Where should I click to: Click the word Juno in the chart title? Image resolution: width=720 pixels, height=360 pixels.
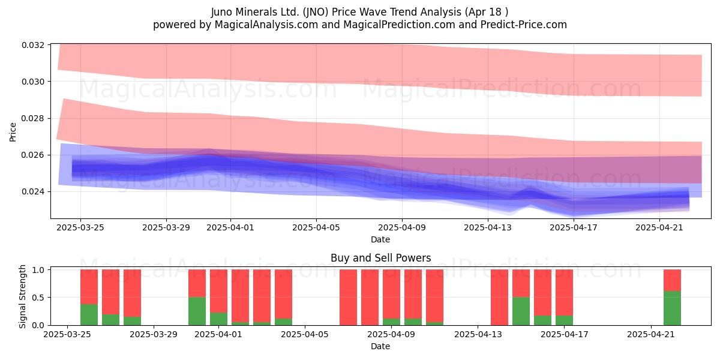(222, 12)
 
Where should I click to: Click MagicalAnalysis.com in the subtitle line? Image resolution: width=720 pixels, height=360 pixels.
(266, 25)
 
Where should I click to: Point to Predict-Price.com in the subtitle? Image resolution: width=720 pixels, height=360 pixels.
(524, 25)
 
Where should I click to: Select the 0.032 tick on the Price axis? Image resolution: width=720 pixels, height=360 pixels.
(33, 45)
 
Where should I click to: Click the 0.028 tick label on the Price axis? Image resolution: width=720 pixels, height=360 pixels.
(33, 118)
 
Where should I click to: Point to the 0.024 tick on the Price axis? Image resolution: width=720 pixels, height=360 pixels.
(33, 191)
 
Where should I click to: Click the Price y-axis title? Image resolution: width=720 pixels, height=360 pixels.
(13, 132)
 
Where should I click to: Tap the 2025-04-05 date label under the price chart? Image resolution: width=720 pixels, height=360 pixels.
(316, 227)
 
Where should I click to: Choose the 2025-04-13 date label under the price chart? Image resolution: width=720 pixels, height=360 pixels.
(488, 227)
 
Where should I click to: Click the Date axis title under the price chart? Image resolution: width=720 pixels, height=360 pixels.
(380, 239)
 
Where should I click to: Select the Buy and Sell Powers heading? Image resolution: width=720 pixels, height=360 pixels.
(380, 258)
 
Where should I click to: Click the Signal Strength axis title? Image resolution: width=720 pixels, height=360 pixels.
(22, 296)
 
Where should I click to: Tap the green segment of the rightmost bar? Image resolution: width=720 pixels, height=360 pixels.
(672, 308)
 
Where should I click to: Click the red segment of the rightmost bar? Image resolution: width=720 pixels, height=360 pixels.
(672, 280)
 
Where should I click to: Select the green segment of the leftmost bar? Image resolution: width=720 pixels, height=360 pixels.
(89, 314)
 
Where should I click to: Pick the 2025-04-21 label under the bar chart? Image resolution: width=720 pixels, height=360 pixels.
(651, 334)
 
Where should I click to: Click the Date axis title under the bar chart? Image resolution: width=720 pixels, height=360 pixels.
(380, 346)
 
